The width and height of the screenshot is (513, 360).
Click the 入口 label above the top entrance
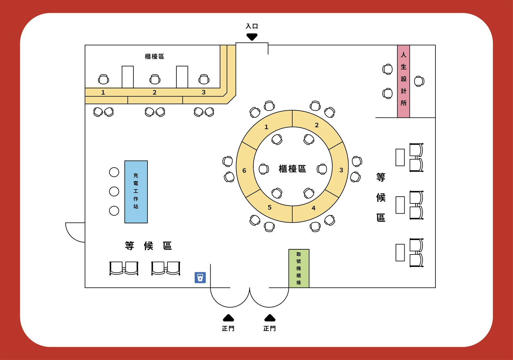[x=252, y=26]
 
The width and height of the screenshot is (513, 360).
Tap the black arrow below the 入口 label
[x=252, y=37]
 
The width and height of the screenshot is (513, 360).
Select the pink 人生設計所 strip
[x=403, y=81]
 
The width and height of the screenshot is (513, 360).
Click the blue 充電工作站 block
[x=136, y=192]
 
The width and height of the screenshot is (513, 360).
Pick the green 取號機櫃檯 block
[x=299, y=268]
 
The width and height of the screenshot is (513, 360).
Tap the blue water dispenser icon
[x=200, y=278]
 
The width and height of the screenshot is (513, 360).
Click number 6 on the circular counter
[x=244, y=170]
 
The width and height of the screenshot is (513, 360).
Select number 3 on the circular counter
[x=341, y=170]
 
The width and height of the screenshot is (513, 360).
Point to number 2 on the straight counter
[x=155, y=92]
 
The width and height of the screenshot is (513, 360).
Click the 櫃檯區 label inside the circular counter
[x=292, y=169]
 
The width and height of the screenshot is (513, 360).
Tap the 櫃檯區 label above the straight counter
[x=154, y=56]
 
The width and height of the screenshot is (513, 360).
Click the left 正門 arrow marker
[x=228, y=318]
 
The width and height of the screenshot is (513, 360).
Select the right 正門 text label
[x=270, y=329]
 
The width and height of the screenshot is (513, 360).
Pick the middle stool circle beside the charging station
[x=114, y=191]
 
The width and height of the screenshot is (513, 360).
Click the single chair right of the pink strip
[x=419, y=81]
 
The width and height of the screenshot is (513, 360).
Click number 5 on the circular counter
[x=270, y=207]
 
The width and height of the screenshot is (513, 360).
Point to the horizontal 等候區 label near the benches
[x=148, y=246]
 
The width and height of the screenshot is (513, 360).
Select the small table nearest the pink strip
[x=400, y=158]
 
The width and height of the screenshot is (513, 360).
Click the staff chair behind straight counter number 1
[x=104, y=79]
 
